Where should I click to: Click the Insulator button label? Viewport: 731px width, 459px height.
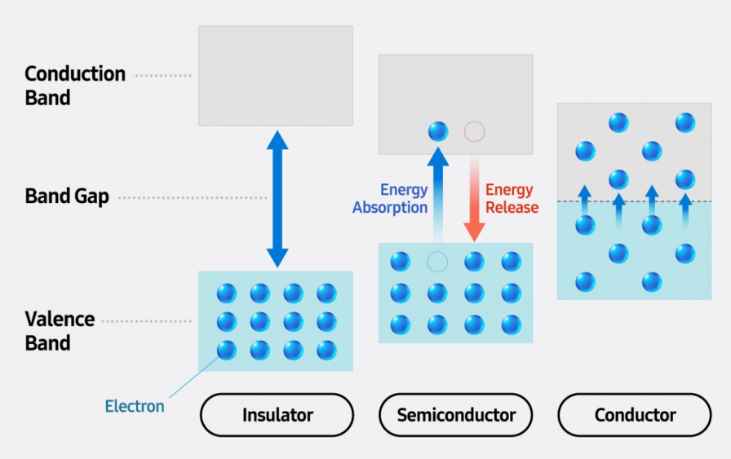[277, 415]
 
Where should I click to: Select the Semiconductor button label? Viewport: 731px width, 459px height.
[456, 415]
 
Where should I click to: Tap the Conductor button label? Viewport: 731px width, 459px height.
[635, 415]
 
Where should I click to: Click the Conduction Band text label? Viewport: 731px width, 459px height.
[75, 86]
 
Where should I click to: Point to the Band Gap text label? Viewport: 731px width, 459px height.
[67, 196]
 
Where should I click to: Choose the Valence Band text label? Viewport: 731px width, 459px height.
[60, 330]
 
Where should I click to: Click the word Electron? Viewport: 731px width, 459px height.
[135, 406]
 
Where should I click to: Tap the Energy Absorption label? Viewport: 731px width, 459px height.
[390, 199]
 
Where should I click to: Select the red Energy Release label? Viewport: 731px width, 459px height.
[512, 199]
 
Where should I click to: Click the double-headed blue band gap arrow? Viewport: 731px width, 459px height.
[277, 198]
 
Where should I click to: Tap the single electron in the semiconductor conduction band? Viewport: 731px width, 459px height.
[438, 130]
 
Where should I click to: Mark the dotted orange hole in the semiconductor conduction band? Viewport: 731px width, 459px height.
[474, 130]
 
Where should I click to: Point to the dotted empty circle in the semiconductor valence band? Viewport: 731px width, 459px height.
[438, 262]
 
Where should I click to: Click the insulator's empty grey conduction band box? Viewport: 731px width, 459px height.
[276, 75]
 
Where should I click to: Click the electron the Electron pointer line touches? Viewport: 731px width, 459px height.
[226, 351]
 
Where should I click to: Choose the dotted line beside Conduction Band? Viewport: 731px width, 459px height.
[162, 76]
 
